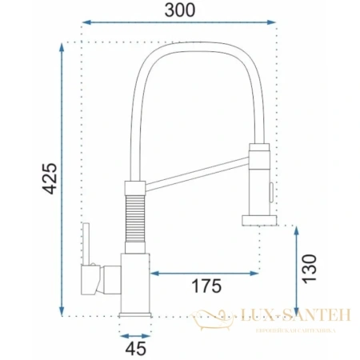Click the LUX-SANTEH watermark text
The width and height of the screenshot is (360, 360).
point(290,316)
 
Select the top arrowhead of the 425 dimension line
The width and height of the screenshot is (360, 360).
point(62,48)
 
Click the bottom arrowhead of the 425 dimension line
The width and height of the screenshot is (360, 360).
point(62,310)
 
